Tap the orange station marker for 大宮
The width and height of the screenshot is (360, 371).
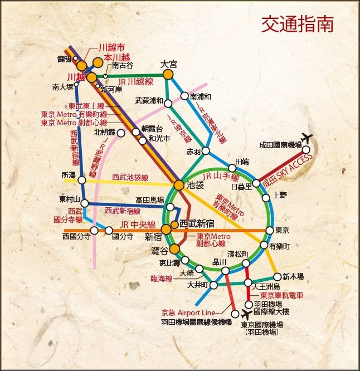(168, 74)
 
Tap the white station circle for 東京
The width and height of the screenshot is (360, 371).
(270, 230)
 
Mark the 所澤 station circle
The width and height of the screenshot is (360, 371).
(82, 180)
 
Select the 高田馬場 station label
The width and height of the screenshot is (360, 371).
(149, 199)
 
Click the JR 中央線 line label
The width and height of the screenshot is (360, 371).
(137, 224)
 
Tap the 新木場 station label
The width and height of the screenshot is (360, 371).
(293, 276)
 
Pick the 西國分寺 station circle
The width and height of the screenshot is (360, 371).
(94, 230)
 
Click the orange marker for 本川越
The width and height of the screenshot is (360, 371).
(98, 62)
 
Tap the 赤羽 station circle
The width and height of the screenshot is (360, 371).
(206, 151)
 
